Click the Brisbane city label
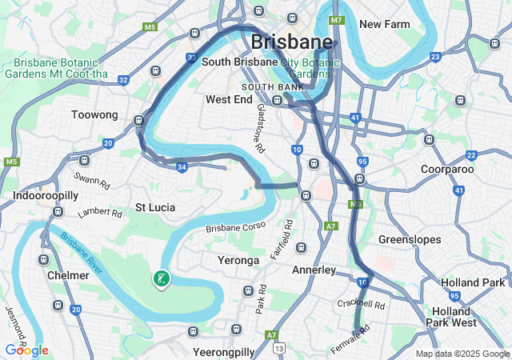click(291, 42)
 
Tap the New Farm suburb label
click(384, 24)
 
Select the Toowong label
click(94, 115)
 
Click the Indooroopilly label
click(45, 195)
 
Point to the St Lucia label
click(154, 207)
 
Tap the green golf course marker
click(161, 278)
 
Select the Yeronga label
click(238, 261)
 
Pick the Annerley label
click(314, 270)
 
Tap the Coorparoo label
click(448, 169)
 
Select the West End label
click(230, 100)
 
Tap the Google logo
click(26, 350)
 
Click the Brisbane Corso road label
click(235, 228)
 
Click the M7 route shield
click(336, 19)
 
